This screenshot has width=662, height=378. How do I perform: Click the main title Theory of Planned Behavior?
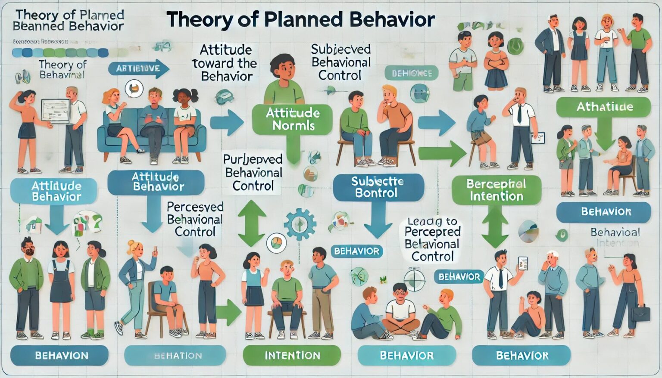300,20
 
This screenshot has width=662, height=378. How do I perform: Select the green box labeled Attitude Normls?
293,119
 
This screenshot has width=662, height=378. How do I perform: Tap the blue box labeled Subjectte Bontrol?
377,187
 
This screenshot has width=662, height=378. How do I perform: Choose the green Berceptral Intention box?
496,190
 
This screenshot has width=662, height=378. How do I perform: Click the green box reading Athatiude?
604,107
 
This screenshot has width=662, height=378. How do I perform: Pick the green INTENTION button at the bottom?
292,355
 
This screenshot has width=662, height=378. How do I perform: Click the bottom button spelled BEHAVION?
61,355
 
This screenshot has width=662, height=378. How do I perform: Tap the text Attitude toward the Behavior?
225,63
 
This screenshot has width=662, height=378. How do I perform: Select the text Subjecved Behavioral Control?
340,62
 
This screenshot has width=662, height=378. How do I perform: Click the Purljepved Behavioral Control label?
253,173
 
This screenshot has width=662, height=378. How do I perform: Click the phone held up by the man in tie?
522,263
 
